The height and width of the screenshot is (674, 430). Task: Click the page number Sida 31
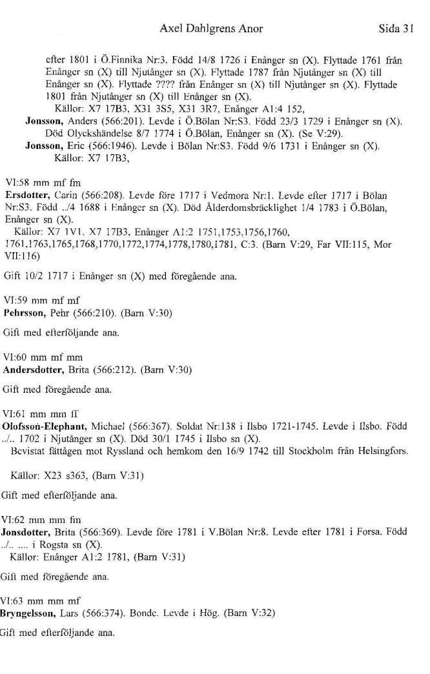pos(396,28)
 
